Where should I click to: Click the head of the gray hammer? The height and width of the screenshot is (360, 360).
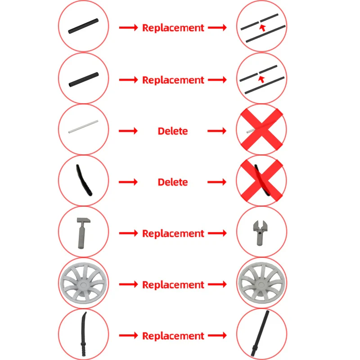coord(84,221)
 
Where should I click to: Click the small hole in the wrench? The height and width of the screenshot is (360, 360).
coord(260,233)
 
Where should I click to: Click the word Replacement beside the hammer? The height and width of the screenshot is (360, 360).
coord(173,234)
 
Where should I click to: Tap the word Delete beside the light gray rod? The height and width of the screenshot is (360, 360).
coord(173,131)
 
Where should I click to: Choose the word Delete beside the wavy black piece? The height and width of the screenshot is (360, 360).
coord(173,182)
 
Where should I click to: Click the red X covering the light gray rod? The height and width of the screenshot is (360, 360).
coord(261,129)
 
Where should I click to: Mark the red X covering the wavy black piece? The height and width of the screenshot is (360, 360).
coord(261,180)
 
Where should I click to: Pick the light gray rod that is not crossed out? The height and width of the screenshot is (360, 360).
coord(83,126)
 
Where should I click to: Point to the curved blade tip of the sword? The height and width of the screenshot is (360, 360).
coord(85,313)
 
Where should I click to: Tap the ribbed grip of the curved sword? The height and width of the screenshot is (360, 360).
coord(83,349)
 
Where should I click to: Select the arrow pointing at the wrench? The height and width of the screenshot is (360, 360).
coord(217,233)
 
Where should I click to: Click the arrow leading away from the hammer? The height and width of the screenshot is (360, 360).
coord(128,233)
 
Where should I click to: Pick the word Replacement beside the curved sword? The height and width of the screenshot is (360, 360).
coord(173,336)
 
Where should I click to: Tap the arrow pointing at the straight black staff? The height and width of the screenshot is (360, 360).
coord(217,336)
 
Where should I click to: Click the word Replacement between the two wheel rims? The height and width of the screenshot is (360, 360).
coord(173,285)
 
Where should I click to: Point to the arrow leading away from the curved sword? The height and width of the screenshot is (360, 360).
coord(128,336)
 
